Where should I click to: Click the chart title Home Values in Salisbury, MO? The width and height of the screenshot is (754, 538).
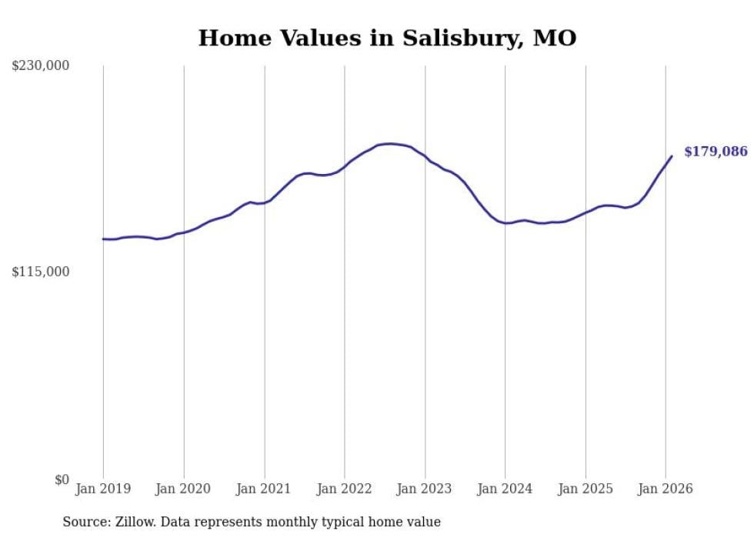pos(387,38)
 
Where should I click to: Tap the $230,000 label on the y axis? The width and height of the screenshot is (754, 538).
pos(41,66)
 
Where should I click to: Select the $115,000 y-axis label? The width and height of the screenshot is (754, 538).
pos(41,272)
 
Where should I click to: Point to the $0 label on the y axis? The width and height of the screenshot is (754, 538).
pos(62,480)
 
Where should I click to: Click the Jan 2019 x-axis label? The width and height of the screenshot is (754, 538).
pos(103,489)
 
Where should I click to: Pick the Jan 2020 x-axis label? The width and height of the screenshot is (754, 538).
pos(184,489)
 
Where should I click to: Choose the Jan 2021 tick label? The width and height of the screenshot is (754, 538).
pos(264,489)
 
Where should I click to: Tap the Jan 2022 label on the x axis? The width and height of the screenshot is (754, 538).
pos(345,489)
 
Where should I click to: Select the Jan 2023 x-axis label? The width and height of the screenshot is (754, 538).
pos(425,489)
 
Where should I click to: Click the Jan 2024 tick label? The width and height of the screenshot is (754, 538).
pos(505,489)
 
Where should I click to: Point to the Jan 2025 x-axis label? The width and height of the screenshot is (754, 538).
pos(586,489)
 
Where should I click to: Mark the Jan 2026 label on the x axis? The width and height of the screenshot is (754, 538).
pos(666,489)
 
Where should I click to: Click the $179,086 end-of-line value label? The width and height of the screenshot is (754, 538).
pos(716,152)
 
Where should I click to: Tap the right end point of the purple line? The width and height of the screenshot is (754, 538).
pos(672,156)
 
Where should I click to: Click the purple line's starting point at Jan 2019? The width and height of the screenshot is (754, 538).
pos(103,239)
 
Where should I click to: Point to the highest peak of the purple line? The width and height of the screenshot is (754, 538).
pos(390,143)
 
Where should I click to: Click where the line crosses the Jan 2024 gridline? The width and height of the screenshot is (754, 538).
pos(505,223)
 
